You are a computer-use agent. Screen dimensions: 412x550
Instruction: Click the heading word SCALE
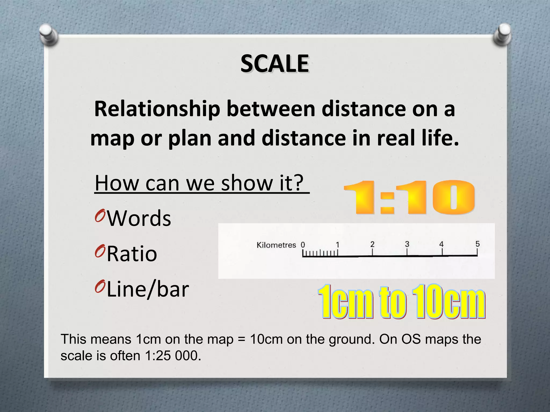[274, 64]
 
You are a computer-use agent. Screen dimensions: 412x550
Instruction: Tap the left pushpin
[48, 35]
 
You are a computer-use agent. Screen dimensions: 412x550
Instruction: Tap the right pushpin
[502, 35]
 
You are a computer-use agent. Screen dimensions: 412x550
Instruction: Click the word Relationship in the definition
[157, 109]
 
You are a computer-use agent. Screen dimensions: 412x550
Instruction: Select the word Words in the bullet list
[139, 218]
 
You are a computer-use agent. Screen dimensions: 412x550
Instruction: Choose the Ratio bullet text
[132, 254]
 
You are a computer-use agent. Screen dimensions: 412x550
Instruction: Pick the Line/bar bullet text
[148, 289]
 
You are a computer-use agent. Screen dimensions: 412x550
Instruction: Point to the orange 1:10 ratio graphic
[409, 197]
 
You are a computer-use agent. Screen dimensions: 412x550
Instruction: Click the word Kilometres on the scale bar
[276, 245]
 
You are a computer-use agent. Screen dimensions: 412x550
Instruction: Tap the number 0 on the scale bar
[303, 245]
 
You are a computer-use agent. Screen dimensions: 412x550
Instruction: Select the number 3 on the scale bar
[407, 244]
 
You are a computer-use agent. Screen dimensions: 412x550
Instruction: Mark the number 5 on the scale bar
[477, 244]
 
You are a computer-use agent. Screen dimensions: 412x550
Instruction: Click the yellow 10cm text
[448, 301]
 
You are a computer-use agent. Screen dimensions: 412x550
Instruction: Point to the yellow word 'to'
[392, 302]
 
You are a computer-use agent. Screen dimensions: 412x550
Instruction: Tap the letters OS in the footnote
[411, 339]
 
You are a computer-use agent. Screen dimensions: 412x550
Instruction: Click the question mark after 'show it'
[298, 183]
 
